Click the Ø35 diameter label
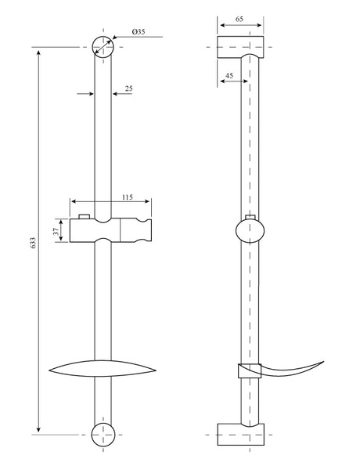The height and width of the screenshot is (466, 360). tap(139, 31)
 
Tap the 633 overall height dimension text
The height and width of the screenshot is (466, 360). tap(33, 243)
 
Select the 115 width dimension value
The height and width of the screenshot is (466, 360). tap(127, 197)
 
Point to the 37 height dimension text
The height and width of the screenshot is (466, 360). tap(56, 232)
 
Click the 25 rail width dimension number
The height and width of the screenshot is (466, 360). tap(128, 89)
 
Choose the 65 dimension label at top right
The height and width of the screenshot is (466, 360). tap(239, 19)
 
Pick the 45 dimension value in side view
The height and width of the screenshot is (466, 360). tap(229, 75)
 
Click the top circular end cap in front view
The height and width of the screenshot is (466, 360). tap(103, 47)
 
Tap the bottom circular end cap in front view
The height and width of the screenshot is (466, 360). tap(103, 435)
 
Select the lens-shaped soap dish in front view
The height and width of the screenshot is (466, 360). tap(103, 369)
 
